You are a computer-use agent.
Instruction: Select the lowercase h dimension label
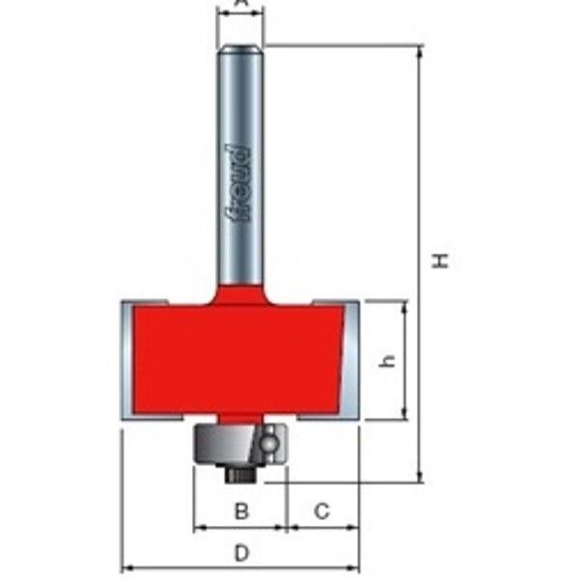pyautogui.click(x=388, y=360)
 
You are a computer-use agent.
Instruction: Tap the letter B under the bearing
pyautogui.click(x=242, y=510)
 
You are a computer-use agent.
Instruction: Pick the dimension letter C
pyautogui.click(x=322, y=510)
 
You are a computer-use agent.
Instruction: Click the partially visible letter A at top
pyautogui.click(x=241, y=4)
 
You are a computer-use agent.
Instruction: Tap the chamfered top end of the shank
pyautogui.click(x=240, y=48)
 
